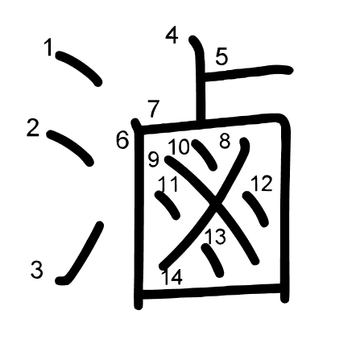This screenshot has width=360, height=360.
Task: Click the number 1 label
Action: tap(49, 48)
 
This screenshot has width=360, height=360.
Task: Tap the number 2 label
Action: tap(33, 128)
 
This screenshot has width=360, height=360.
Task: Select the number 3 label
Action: tap(37, 270)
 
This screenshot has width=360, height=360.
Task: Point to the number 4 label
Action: tap(172, 35)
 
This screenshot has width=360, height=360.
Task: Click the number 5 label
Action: tap(221, 56)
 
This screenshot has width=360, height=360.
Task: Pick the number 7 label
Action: tap(154, 109)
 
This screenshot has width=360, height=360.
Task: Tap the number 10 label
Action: tap(179, 147)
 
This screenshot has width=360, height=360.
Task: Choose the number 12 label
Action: tap(262, 183)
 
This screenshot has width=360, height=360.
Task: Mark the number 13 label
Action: tap(215, 237)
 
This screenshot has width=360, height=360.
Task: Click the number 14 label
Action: tap(172, 277)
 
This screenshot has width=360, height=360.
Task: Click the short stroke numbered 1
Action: tap(78, 68)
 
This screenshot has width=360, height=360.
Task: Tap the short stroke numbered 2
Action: tap(70, 148)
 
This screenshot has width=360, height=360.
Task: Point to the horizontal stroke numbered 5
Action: tap(247, 72)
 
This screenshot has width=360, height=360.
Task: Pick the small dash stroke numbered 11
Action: tap(168, 205)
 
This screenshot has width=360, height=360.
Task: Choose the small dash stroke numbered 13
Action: tap(213, 260)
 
